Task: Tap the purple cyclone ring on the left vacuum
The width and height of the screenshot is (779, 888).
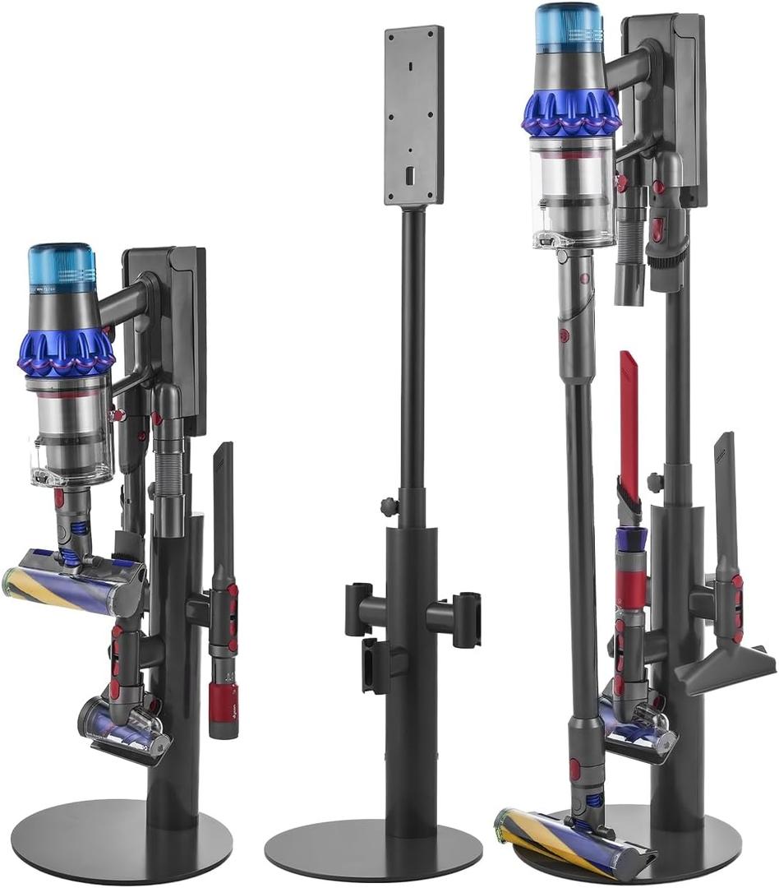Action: (66, 351)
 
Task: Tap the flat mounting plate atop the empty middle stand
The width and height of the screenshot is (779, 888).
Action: (414, 115)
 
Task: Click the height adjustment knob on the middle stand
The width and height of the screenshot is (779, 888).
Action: (386, 504)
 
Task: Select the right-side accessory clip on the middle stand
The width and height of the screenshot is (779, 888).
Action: (465, 613)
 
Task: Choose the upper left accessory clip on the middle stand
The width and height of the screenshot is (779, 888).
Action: (359, 609)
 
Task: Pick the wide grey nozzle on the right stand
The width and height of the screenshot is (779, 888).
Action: (723, 658)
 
